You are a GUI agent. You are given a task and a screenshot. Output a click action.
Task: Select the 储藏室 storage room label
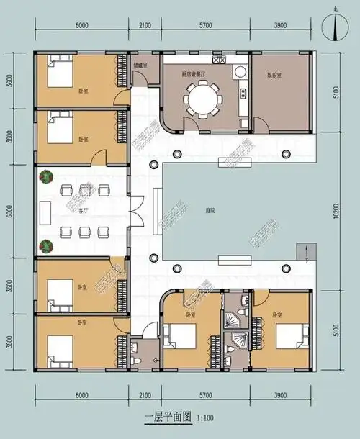pos(141,65)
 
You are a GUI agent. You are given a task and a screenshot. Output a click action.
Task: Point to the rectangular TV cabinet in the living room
pos(45,212)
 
